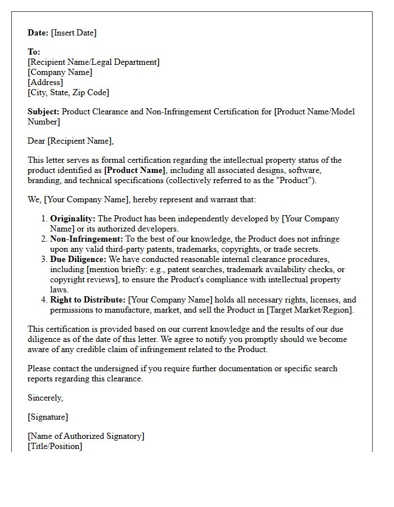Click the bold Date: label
[38, 33]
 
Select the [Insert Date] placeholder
[74, 33]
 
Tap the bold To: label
[34, 52]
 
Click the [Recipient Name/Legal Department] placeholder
[93, 62]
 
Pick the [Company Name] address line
[60, 72]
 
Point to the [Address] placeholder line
[46, 82]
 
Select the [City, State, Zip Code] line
[68, 92]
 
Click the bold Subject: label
[44, 112]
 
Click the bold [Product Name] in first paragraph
[135, 170]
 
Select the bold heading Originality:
[73, 219]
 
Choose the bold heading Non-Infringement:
[87, 239]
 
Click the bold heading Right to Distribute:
[88, 300]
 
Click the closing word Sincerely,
[46, 398]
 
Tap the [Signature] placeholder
[48, 417]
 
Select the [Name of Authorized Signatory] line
[86, 436]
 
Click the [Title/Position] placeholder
[55, 446]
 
